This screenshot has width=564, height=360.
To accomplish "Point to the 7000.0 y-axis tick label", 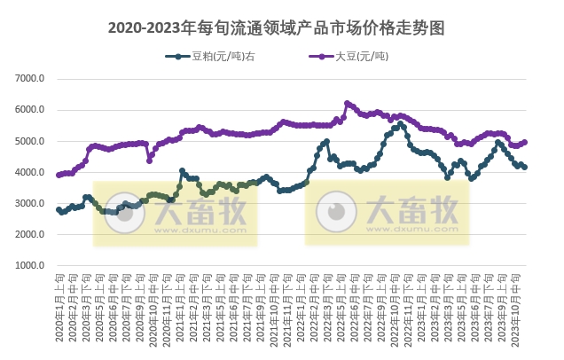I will coord(30,79).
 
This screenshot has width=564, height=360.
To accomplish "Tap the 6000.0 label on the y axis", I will coord(30,110).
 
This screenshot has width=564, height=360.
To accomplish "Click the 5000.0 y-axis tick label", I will coord(30,141).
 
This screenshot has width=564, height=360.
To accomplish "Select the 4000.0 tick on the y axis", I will coord(30,172).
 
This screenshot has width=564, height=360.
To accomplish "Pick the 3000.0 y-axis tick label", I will coord(30,203).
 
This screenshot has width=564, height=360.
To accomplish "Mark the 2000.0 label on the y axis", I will coord(30,234).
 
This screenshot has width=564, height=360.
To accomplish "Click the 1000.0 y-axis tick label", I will coord(30,265).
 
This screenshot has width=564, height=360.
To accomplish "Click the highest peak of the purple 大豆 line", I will coord(347,103).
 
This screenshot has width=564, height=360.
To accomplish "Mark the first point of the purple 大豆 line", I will coord(59,175).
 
